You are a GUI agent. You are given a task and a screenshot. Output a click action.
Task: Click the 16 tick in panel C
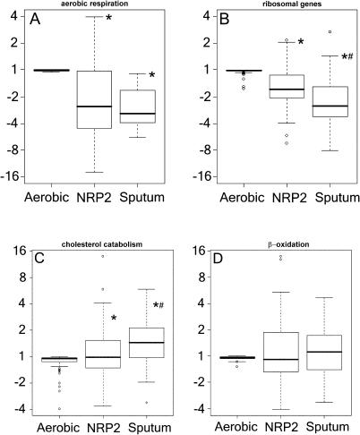(15, 250)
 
